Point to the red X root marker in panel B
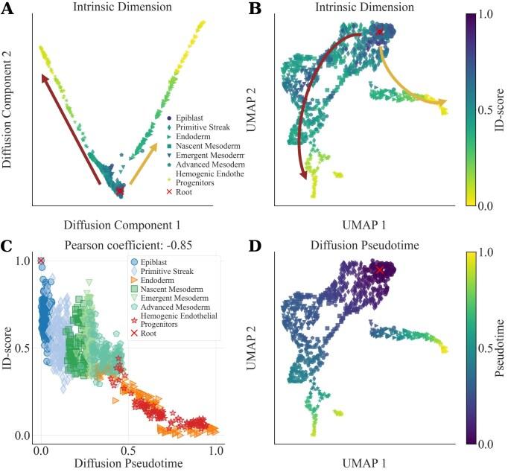click(x=380, y=32)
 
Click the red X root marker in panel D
click(x=380, y=269)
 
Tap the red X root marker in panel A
click(x=120, y=191)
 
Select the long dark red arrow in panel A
click(x=71, y=127)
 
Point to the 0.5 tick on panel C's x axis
click(x=129, y=451)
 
